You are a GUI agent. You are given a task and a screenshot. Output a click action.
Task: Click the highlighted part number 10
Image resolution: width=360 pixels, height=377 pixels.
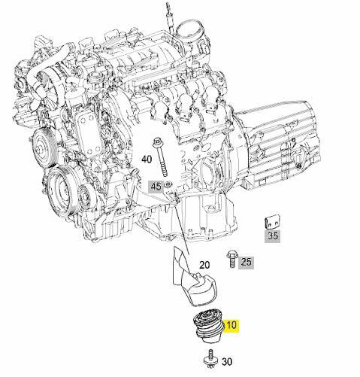click(232, 326)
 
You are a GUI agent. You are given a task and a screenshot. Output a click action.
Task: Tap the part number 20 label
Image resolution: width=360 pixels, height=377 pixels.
click(204, 265)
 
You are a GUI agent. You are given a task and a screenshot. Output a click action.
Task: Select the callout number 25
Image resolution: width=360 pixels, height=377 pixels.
click(247, 262)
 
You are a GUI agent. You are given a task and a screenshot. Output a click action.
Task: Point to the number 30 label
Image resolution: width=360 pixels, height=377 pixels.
click(227, 361)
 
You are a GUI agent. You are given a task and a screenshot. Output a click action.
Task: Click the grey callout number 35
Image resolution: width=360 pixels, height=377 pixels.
click(272, 235)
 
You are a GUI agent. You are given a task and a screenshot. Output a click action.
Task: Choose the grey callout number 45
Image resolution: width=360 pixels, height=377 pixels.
click(156, 186)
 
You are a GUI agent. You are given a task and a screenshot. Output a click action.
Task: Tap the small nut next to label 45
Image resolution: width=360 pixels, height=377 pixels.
click(168, 184)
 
